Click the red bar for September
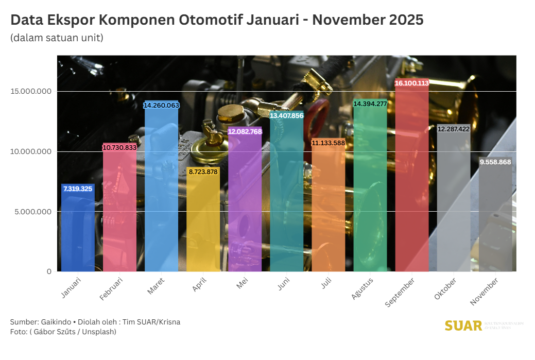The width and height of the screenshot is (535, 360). pos(412,180)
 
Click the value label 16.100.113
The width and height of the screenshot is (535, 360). pos(412,83)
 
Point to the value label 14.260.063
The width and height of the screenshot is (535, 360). pos(161,105)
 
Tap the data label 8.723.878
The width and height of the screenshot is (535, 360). pos(203,172)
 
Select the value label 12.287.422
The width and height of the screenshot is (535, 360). pos(454,129)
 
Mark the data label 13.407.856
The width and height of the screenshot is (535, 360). pos(287,116)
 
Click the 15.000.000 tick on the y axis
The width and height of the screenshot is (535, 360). pos(30,92)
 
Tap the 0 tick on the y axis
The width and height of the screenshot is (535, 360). pos(49,271)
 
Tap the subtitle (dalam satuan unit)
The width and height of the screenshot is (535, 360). pos(57,38)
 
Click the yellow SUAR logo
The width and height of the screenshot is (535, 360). pos(463,325)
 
